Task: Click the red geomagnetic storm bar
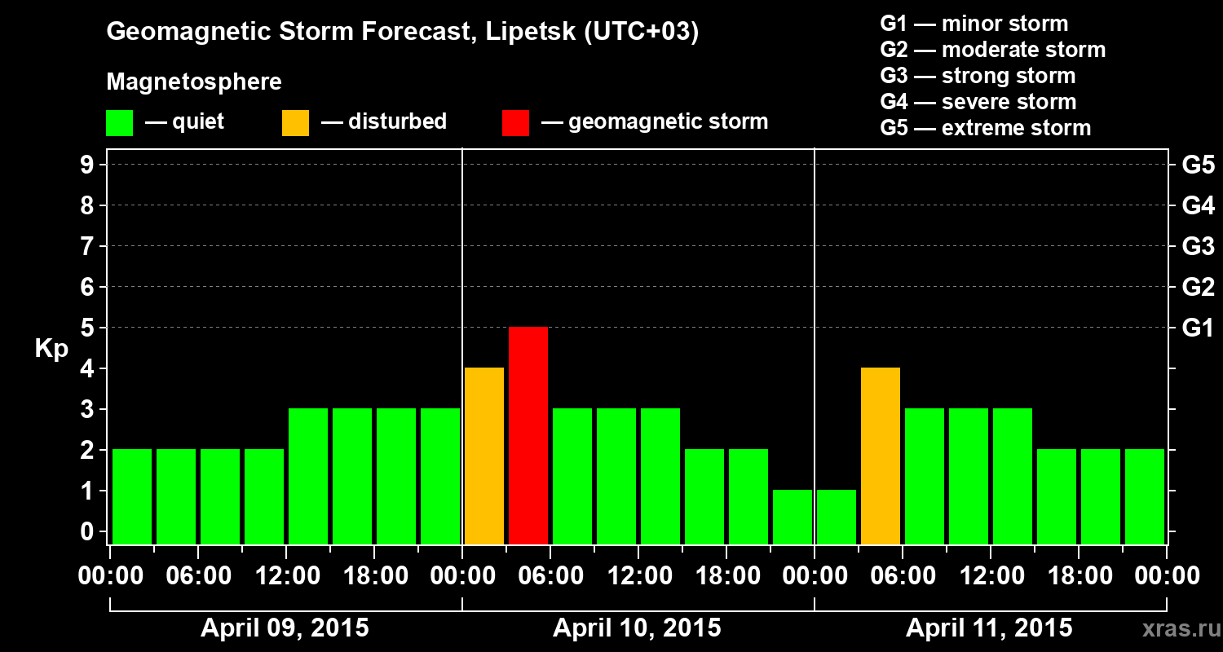point(528,435)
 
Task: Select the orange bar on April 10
point(484,456)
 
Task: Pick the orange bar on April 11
point(881,456)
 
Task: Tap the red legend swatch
point(515,122)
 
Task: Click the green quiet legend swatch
point(119,122)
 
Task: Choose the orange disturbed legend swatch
point(295,122)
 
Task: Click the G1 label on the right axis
point(1198,328)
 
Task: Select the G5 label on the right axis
point(1198,165)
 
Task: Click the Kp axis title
point(51,348)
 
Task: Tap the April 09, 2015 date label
point(285,628)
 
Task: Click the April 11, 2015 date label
point(989,628)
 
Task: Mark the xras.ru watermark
point(1176,628)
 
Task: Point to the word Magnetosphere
point(194,82)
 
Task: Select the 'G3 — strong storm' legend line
point(978,76)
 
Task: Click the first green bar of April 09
point(132,496)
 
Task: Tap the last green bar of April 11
point(1145,496)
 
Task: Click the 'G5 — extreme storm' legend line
point(985,128)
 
